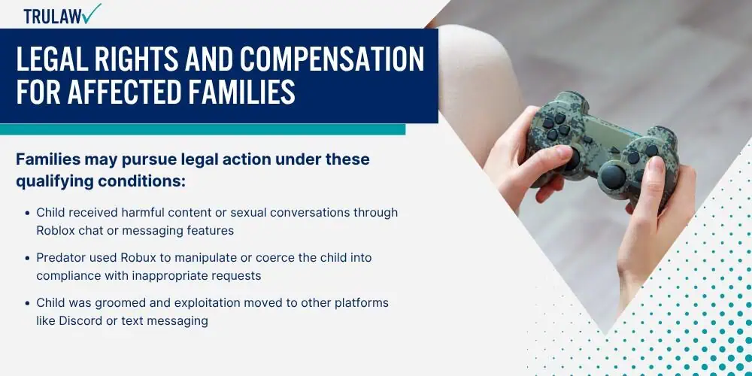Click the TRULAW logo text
click(x=53, y=17)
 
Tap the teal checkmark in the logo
click(x=91, y=13)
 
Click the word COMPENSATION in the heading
click(x=332, y=59)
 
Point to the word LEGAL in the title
click(x=45, y=59)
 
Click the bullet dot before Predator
click(x=27, y=258)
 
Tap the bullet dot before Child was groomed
click(x=27, y=304)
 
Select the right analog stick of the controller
click(x=612, y=176)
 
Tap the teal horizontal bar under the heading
click(x=202, y=129)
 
